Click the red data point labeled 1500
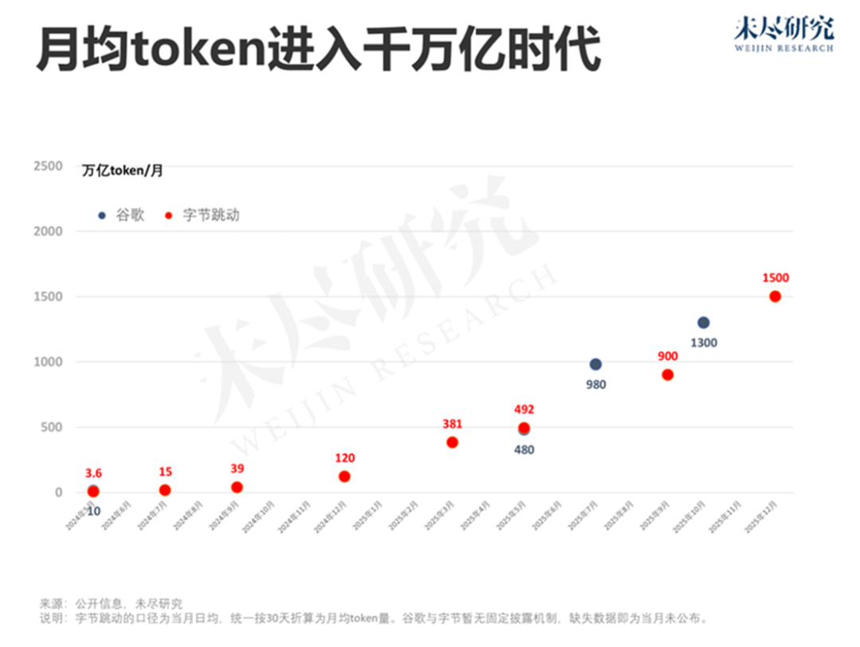click(775, 296)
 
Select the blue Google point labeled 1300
click(703, 323)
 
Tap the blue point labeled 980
click(596, 364)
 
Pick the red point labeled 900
click(667, 374)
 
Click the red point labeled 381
click(452, 442)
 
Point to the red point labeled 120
click(344, 476)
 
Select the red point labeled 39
click(236, 487)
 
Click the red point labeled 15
click(165, 490)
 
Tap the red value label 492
click(524, 410)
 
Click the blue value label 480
click(524, 449)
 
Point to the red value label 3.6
click(93, 473)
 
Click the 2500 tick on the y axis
click(48, 166)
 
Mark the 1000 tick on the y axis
click(48, 362)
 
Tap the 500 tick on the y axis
click(52, 427)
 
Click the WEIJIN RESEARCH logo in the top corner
click(784, 34)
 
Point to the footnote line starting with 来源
click(111, 603)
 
